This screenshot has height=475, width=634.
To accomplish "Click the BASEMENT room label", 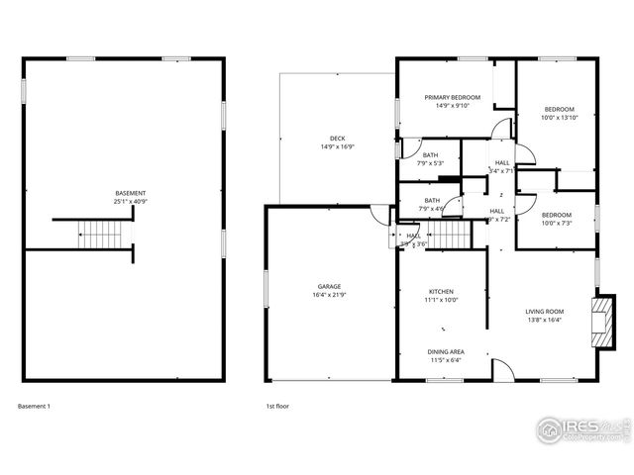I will [130, 193].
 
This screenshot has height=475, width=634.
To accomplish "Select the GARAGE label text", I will [330, 287].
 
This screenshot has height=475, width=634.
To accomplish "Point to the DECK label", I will [337, 139].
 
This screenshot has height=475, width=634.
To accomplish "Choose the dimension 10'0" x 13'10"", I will [558, 118].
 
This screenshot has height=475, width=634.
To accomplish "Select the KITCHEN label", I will [441, 291].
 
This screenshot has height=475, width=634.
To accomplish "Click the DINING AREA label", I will [446, 351].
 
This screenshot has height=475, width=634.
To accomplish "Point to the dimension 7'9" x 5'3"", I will [431, 164].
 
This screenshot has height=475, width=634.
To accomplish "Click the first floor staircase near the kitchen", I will [451, 237].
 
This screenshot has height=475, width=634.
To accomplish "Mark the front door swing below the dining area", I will [503, 368].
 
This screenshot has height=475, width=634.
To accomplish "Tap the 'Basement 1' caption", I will [34, 406].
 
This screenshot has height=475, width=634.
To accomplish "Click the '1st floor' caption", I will [276, 406].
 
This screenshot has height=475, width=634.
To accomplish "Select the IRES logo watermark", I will [580, 427].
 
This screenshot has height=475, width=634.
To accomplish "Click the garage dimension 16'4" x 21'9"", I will [330, 296].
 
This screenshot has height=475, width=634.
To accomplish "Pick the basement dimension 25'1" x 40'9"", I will [130, 202].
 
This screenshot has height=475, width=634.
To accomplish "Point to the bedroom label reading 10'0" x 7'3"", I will [556, 224].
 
